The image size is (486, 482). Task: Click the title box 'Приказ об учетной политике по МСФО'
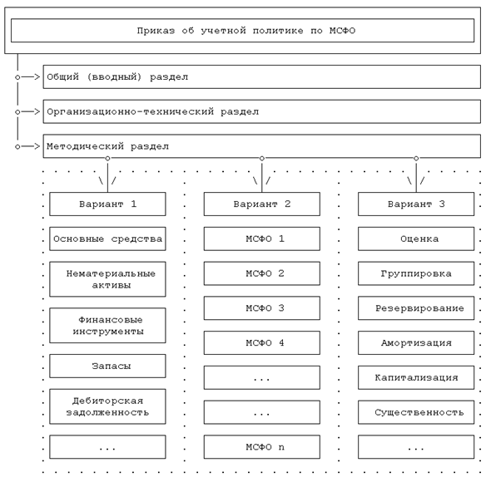pyautogui.click(x=242, y=31)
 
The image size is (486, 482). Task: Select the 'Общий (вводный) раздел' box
pyautogui.click(x=261, y=76)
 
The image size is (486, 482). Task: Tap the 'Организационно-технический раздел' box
pyautogui.click(x=261, y=111)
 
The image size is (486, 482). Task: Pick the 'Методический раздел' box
pyautogui.click(x=261, y=146)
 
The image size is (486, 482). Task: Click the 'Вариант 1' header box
pyautogui.click(x=107, y=204)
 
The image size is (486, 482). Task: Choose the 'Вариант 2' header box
pyautogui.click(x=262, y=204)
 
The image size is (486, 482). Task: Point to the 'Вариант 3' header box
pyautogui.click(x=416, y=204)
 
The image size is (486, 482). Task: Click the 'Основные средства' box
pyautogui.click(x=107, y=239)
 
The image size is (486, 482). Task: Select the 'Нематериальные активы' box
pyautogui.click(x=107, y=279)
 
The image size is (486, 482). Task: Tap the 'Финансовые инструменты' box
pyautogui.click(x=107, y=326)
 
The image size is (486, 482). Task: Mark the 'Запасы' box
pyautogui.click(x=107, y=366)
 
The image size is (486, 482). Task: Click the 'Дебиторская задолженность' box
pyautogui.click(x=107, y=406)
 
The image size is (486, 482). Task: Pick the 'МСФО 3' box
pyautogui.click(x=262, y=308)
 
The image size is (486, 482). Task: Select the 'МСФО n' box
pyautogui.click(x=262, y=447)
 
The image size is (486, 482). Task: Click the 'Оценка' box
pyautogui.click(x=416, y=239)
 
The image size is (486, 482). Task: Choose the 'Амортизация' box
pyautogui.click(x=416, y=342)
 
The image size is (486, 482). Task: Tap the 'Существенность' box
pyautogui.click(x=416, y=412)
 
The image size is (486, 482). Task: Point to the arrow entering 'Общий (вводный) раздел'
pyautogui.click(x=30, y=76)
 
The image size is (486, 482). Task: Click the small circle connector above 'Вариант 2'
pyautogui.click(x=262, y=158)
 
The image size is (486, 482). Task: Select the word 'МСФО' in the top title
pyautogui.click(x=342, y=31)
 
